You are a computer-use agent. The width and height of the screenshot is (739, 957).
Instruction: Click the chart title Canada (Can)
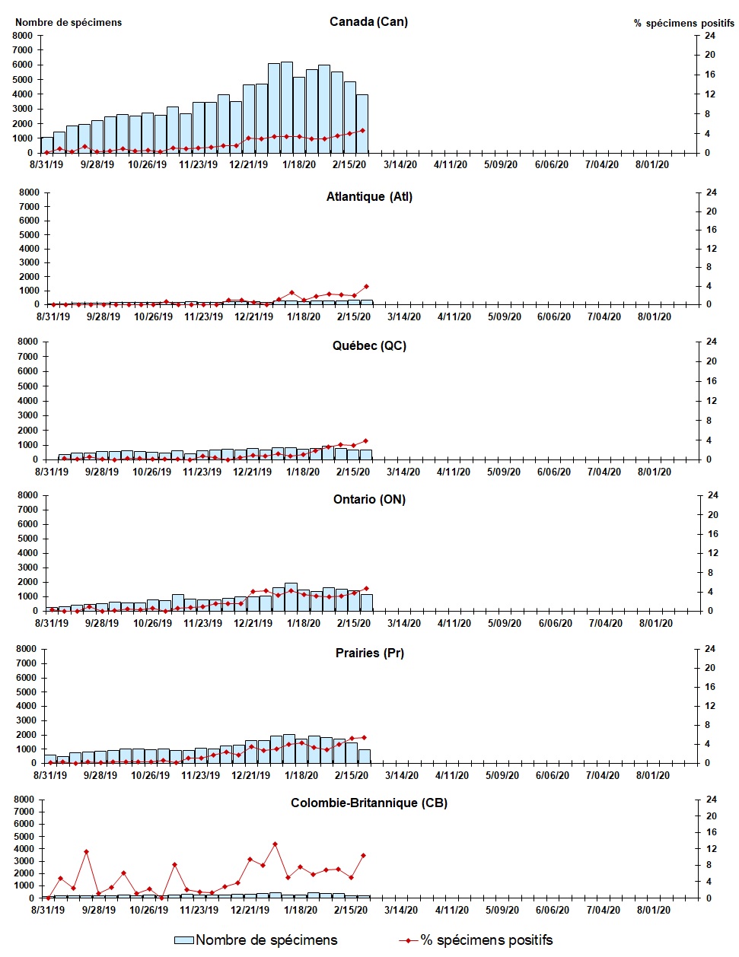pyautogui.click(x=368, y=21)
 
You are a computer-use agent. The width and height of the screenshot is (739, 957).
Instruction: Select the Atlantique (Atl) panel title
pyautogui.click(x=369, y=196)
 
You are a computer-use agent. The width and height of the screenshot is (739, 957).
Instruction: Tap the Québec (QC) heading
pyautogui.click(x=369, y=345)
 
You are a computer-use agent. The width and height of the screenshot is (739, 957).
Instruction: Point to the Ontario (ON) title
pyautogui.click(x=369, y=499)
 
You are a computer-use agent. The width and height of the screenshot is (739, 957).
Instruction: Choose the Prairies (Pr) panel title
pyautogui.click(x=369, y=653)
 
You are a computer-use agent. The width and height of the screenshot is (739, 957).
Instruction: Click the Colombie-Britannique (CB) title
pyautogui.click(x=369, y=803)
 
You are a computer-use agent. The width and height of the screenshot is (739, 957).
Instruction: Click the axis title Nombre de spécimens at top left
pyautogui.click(x=68, y=22)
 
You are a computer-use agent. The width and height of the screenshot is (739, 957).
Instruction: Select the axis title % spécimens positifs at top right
pyautogui.click(x=683, y=23)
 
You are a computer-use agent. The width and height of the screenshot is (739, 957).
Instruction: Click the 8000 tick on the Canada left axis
pyautogui.click(x=23, y=36)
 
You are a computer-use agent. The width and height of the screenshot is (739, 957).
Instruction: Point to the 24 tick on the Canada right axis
pyautogui.click(x=709, y=36)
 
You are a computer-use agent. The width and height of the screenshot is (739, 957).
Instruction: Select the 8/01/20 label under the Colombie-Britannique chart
pyautogui.click(x=652, y=910)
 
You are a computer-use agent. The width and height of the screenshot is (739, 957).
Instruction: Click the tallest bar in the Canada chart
pyautogui.click(x=287, y=107)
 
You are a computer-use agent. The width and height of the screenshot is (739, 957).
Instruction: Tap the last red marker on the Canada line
pyautogui.click(x=362, y=130)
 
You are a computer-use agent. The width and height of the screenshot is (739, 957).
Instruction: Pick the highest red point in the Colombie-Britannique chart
pyautogui.click(x=275, y=844)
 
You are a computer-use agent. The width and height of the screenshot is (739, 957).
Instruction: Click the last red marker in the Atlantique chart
pyautogui.click(x=366, y=287)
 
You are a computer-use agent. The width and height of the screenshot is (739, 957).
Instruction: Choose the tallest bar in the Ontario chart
pyautogui.click(x=291, y=596)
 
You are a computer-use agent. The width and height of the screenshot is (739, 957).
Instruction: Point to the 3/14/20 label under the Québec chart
pyautogui.click(x=403, y=472)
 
